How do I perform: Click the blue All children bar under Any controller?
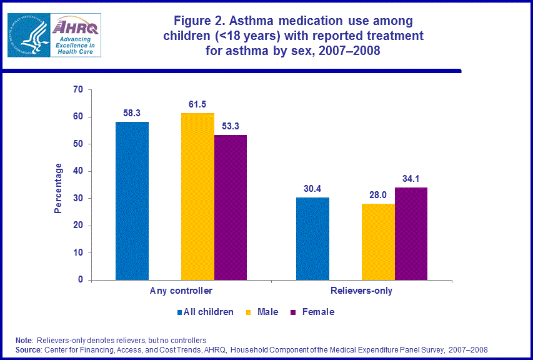point(132,201)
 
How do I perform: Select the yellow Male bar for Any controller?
point(197,196)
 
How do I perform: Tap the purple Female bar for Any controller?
point(231,207)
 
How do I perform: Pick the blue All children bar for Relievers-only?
point(312,239)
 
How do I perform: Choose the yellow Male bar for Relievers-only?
point(378,242)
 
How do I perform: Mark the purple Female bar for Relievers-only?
point(411,234)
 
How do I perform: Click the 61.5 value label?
point(197,104)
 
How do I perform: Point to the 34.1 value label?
point(411,178)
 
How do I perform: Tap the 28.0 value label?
point(378,194)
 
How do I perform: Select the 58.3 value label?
point(132,112)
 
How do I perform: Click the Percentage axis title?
point(58,188)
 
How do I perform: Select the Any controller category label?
point(181,291)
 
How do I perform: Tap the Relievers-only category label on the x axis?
point(362,291)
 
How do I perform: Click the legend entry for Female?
point(313,312)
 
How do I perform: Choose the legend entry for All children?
point(206,312)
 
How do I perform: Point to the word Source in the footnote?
point(28,349)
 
